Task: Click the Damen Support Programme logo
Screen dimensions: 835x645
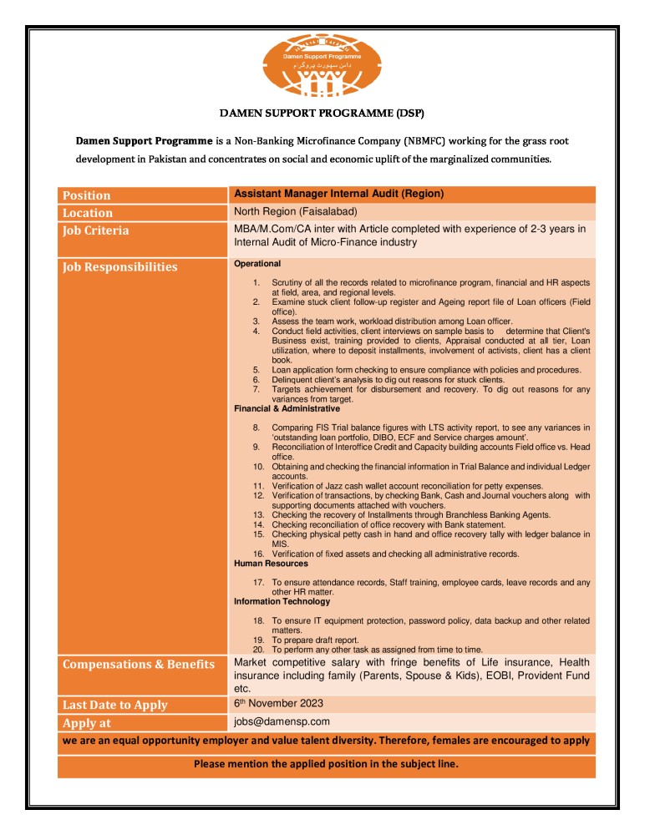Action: tap(322, 66)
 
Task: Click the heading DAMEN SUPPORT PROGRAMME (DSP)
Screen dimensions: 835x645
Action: tap(322, 112)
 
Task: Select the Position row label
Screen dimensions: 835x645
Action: tap(87, 195)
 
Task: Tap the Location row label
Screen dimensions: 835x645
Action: tap(88, 213)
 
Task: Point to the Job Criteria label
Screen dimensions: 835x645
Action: tap(96, 230)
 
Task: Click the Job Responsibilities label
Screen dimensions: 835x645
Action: tap(120, 267)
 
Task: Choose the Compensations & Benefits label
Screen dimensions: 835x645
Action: tap(139, 665)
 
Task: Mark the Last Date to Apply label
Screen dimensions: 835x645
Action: tap(115, 705)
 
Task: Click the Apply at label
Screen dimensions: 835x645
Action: tap(87, 723)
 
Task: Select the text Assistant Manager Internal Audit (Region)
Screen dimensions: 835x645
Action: tap(338, 194)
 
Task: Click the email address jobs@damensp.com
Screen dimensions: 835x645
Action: tap(282, 721)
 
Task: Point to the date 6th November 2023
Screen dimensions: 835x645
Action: tap(278, 703)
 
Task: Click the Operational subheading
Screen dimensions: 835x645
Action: tap(257, 264)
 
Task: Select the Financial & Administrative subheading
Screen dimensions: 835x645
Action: tap(287, 409)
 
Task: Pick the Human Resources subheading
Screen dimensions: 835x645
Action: tap(271, 564)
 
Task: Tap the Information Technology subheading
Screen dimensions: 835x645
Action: tap(282, 601)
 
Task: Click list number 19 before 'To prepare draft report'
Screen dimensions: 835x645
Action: tap(258, 640)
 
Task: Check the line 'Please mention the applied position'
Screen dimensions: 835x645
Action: tap(326, 764)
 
